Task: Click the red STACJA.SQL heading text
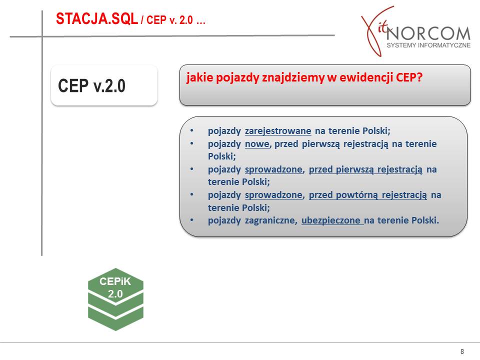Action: pyautogui.click(x=96, y=19)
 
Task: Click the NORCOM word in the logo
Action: pyautogui.click(x=428, y=33)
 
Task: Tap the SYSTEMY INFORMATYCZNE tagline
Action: pyautogui.click(x=428, y=45)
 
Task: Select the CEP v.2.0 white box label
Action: pyautogui.click(x=92, y=85)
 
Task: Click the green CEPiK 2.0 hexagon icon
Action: pyautogui.click(x=115, y=299)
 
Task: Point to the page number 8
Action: pyautogui.click(x=462, y=351)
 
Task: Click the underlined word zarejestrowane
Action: pyautogui.click(x=278, y=131)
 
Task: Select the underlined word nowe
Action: pyautogui.click(x=257, y=144)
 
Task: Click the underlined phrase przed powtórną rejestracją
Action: pyautogui.click(x=367, y=195)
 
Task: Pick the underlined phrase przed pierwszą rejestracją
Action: pyautogui.click(x=365, y=169)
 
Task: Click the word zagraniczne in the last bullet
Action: pyautogui.click(x=271, y=220)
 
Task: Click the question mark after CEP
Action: pyautogui.click(x=419, y=77)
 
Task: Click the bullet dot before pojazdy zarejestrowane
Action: pyautogui.click(x=191, y=130)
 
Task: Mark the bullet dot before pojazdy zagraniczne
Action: pyautogui.click(x=191, y=220)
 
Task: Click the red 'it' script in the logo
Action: pyautogui.click(x=383, y=28)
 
